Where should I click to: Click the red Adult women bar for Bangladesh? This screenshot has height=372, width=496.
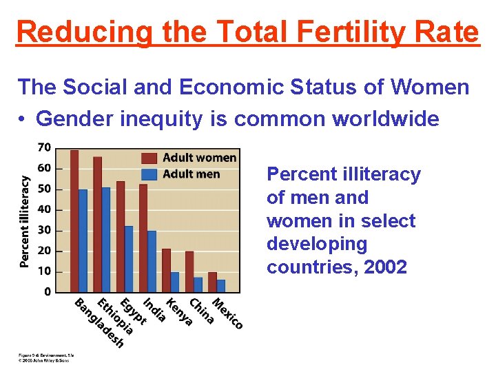(x=74, y=220)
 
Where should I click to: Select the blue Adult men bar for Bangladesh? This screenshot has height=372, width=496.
(x=83, y=240)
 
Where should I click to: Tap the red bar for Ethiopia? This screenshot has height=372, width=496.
(x=97, y=225)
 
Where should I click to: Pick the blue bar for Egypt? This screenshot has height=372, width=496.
(x=129, y=259)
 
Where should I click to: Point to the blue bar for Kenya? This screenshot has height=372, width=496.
(x=175, y=282)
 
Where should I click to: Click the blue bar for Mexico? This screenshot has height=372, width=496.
(x=220, y=285)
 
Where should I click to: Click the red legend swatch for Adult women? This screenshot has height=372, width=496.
(x=150, y=158)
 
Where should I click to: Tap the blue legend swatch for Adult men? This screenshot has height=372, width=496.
(x=150, y=174)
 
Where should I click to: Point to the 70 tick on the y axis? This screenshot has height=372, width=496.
(x=43, y=147)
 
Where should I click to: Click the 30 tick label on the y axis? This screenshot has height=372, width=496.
(x=43, y=230)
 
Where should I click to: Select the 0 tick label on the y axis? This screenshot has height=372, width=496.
(x=47, y=292)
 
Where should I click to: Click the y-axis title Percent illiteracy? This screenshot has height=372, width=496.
(x=25, y=220)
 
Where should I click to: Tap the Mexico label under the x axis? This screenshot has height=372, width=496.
(x=227, y=313)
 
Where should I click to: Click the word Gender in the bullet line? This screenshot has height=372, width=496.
(x=74, y=118)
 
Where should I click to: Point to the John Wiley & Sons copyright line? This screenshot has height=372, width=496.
(x=45, y=360)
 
